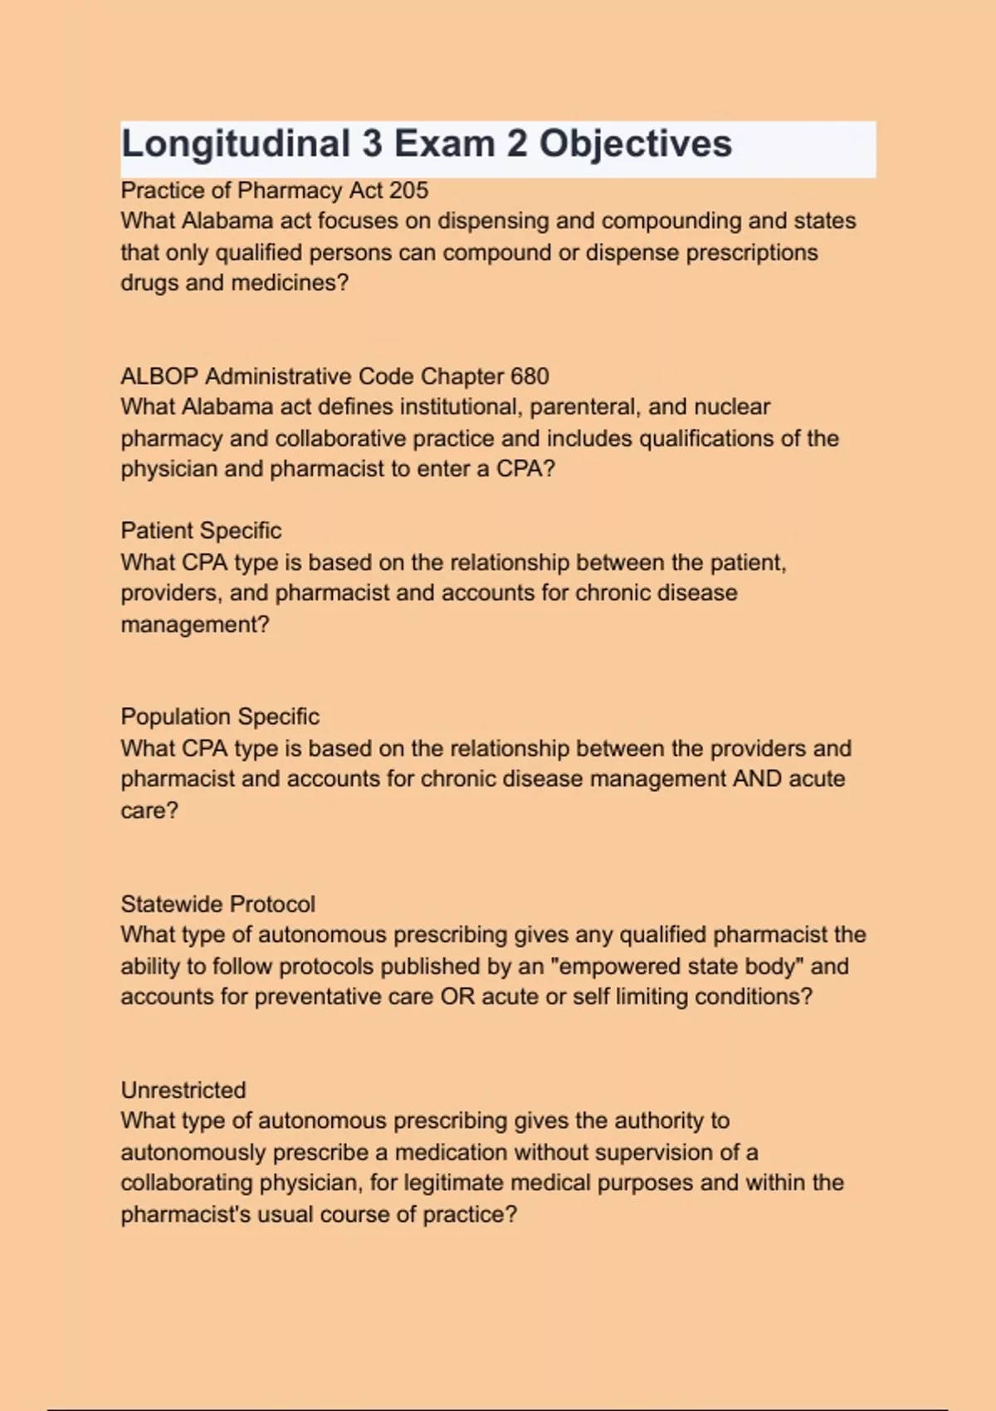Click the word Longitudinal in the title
tap(236, 144)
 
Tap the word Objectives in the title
tap(636, 144)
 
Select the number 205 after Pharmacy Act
tap(409, 190)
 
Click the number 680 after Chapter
tap(530, 376)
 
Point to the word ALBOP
tap(159, 376)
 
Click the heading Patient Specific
tap(201, 530)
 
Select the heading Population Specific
tap(220, 716)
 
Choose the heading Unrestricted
tap(183, 1090)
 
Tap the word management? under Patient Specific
tap(195, 624)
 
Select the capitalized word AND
tap(757, 779)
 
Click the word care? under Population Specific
tap(149, 810)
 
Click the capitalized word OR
tap(457, 996)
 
